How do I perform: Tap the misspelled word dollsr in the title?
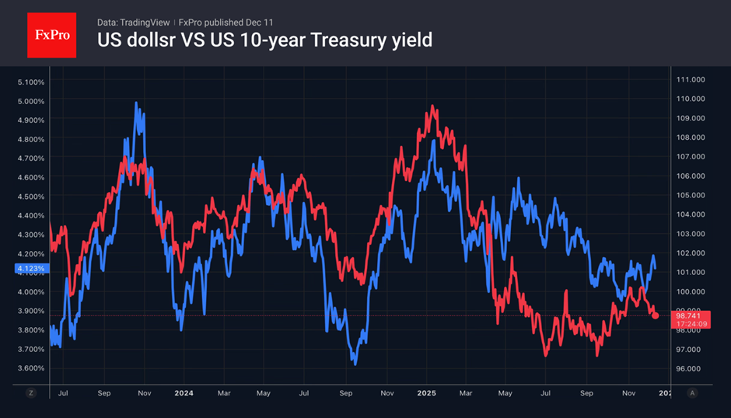click(148, 39)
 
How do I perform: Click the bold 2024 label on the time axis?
click(185, 393)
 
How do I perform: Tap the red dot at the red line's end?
click(656, 315)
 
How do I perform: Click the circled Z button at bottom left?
click(31, 393)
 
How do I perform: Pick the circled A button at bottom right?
click(691, 393)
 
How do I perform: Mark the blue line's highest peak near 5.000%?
click(137, 103)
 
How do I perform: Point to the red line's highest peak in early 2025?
click(428, 106)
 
